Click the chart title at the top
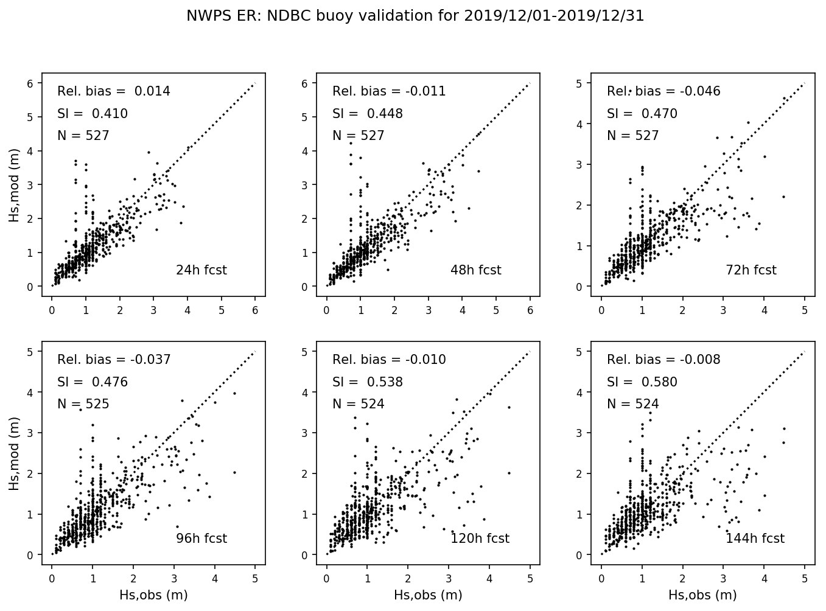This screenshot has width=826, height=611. (415, 16)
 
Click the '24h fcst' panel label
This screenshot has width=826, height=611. (201, 270)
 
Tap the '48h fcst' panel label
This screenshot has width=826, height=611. (475, 270)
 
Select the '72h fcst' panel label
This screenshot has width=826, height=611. (751, 270)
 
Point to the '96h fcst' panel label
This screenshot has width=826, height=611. (201, 539)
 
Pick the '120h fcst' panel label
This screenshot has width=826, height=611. (480, 539)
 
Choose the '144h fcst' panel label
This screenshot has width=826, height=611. (755, 539)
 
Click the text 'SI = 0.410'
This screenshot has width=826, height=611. (93, 114)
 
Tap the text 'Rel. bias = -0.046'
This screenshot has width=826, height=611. (663, 91)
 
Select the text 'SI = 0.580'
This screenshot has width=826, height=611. (642, 382)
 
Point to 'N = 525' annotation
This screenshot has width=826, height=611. (83, 404)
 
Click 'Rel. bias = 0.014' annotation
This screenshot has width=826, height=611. (114, 91)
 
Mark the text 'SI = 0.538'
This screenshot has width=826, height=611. (368, 382)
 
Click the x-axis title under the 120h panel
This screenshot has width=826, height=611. (428, 595)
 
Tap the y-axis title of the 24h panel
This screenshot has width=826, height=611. (14, 189)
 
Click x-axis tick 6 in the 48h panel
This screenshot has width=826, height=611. (530, 310)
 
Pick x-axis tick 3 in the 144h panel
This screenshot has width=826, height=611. (724, 579)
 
